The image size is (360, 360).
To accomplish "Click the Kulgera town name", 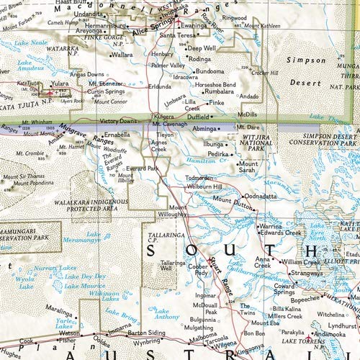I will (165, 115).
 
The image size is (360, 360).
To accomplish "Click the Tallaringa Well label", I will (173, 267).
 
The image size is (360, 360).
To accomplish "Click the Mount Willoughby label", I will (172, 212).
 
